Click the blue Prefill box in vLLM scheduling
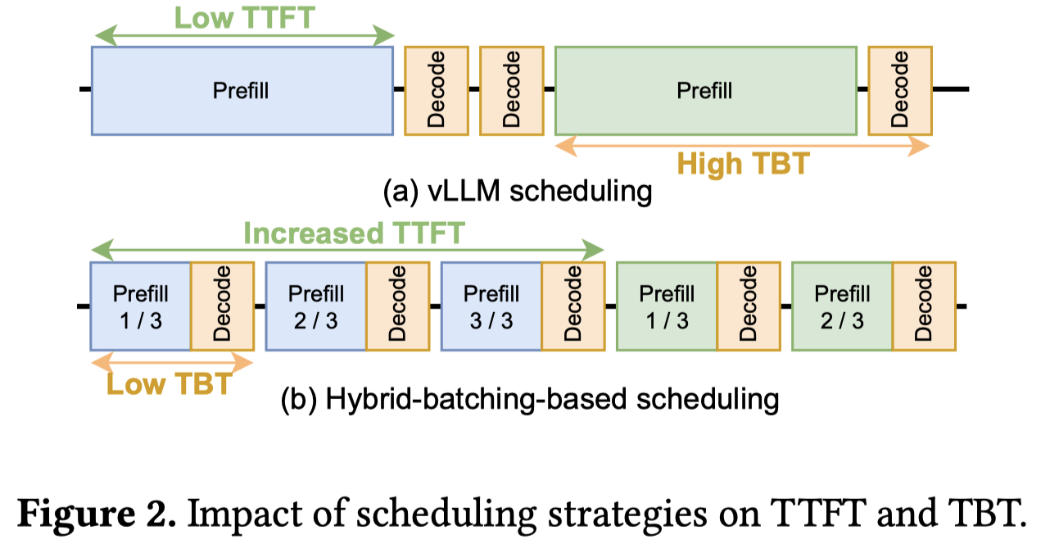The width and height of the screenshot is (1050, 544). (x=242, y=91)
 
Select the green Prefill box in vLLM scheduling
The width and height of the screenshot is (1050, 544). (x=706, y=91)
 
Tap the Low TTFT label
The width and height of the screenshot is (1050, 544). (x=245, y=18)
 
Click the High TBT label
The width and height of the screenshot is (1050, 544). (x=744, y=164)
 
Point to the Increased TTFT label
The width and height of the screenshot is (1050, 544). (x=355, y=233)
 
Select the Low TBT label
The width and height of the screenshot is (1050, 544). (x=170, y=384)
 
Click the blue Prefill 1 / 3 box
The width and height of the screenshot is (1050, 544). (x=141, y=306)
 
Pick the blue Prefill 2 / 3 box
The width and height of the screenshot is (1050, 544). (x=316, y=306)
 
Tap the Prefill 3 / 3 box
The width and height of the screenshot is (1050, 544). (x=491, y=306)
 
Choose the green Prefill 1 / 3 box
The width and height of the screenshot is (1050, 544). (x=667, y=306)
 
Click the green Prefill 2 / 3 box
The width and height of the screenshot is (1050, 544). (x=842, y=306)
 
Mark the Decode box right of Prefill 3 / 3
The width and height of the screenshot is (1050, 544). (x=573, y=306)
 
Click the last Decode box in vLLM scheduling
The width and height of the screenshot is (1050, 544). (x=900, y=91)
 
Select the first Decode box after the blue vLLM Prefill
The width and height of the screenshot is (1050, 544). (x=437, y=91)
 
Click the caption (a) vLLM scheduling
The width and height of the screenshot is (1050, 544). (x=518, y=192)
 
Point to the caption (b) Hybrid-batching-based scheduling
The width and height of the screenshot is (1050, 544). (x=530, y=400)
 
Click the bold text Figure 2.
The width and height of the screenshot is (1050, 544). (x=97, y=515)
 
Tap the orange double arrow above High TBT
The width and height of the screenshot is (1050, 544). (x=742, y=146)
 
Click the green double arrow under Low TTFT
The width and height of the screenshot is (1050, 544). (x=244, y=36)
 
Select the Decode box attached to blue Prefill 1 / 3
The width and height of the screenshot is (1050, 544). (x=222, y=306)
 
